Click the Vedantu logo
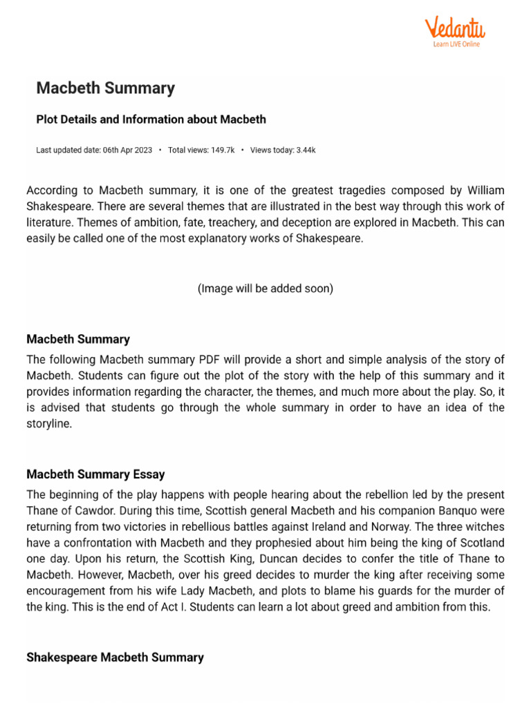tap(454, 28)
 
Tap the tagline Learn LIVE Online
tap(456, 44)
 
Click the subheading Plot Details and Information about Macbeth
tap(151, 119)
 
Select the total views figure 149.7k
tap(222, 151)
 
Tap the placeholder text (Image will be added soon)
tap(265, 289)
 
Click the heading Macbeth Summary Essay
tap(95, 474)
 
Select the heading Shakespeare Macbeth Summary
tap(115, 657)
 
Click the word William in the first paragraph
tap(485, 190)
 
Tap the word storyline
tap(50, 424)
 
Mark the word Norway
tap(395, 527)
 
